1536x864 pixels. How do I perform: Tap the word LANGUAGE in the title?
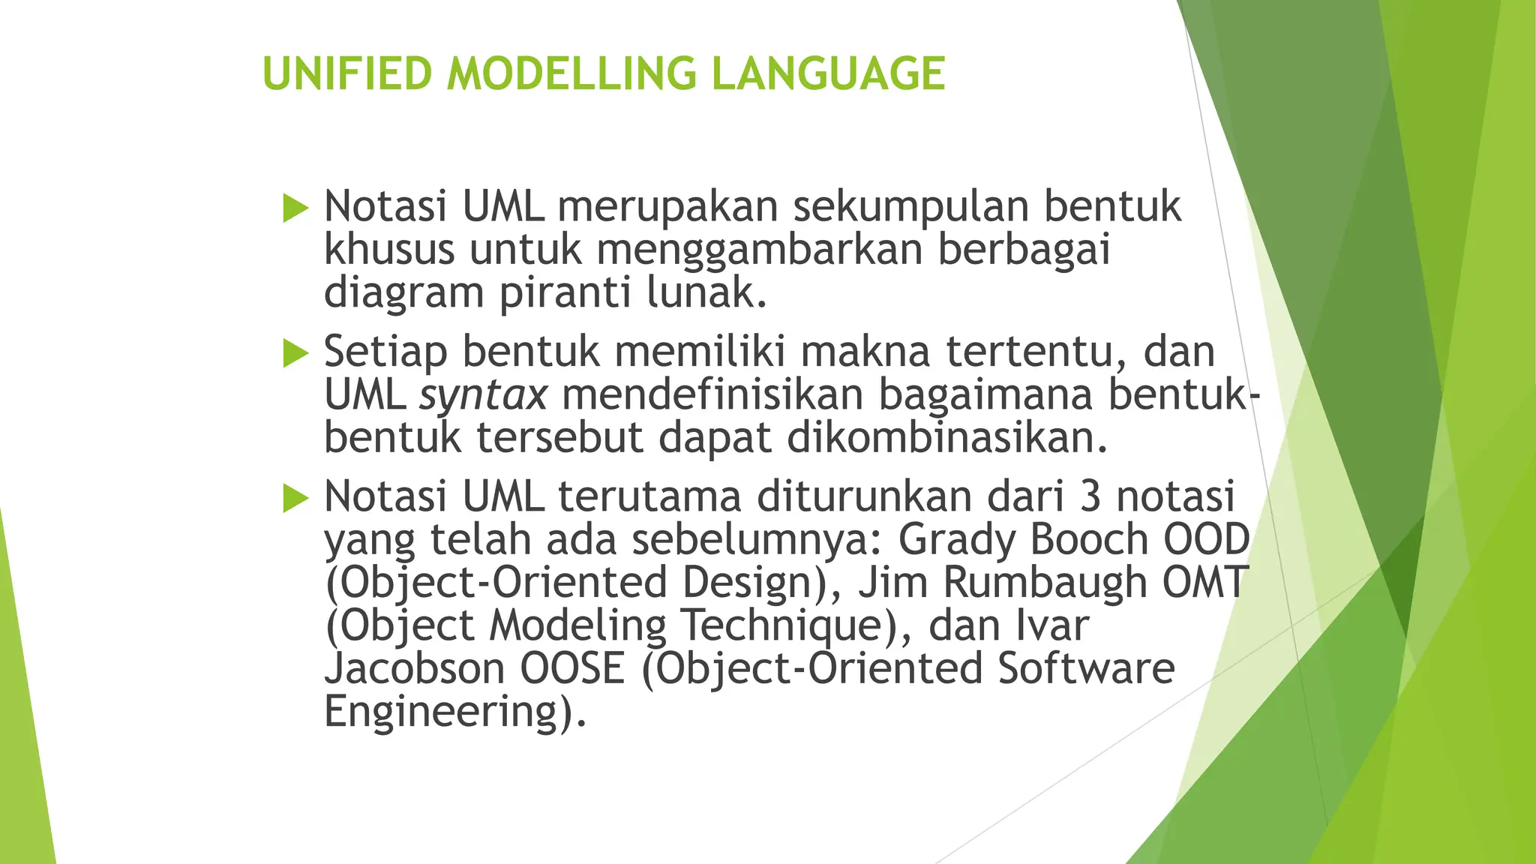pos(828,73)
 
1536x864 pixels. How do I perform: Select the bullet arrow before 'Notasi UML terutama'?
pos(295,498)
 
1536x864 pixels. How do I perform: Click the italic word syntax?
pos(483,395)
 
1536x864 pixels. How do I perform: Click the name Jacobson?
pos(415,668)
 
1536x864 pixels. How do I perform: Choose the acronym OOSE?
pos(572,668)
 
